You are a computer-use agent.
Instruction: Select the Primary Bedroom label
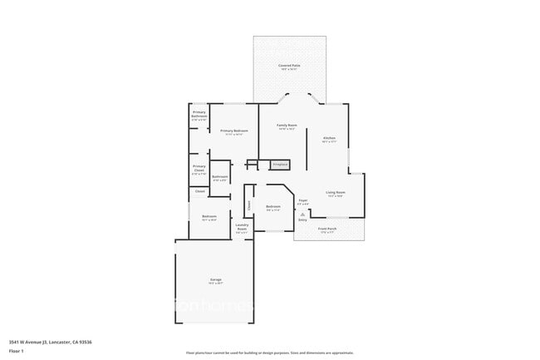pyautogui.click(x=234, y=131)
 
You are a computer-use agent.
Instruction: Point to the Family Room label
pyautogui.click(x=287, y=125)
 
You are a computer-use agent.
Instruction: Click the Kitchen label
pyautogui.click(x=329, y=137)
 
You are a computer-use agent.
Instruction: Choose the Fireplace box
pyautogui.click(x=279, y=165)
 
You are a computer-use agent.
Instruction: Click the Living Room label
pyautogui.click(x=336, y=192)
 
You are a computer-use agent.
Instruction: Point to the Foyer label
pyautogui.click(x=303, y=200)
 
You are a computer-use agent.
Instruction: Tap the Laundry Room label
pyautogui.click(x=242, y=225)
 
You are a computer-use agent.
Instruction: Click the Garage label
pyautogui.click(x=215, y=279)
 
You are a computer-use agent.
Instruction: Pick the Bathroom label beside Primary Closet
pyautogui.click(x=219, y=176)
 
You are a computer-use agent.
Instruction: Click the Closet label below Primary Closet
pyautogui.click(x=199, y=192)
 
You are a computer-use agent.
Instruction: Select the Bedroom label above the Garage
pyautogui.click(x=209, y=217)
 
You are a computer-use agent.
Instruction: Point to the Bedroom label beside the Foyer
pyautogui.click(x=273, y=206)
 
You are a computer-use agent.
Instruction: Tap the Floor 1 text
pyautogui.click(x=15, y=352)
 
